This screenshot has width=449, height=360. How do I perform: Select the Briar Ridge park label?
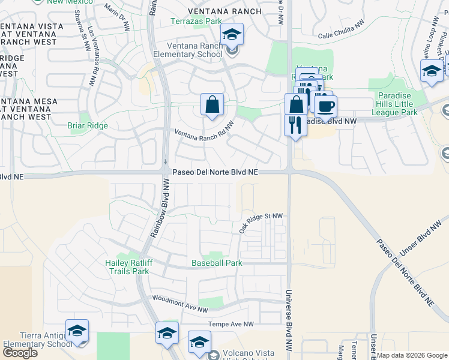88,126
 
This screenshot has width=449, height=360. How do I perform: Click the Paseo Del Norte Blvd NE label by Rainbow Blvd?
215,172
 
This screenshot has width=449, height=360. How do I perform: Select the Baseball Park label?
217,263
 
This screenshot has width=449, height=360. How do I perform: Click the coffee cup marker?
325,106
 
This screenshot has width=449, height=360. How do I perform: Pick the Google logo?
20,353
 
